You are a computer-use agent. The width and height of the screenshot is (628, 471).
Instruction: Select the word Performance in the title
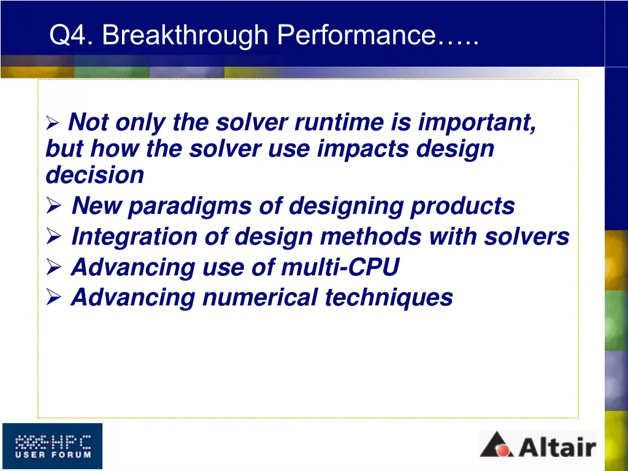point(356,36)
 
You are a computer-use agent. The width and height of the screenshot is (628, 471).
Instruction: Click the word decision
point(94,175)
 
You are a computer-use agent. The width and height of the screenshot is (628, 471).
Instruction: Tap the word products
point(462,206)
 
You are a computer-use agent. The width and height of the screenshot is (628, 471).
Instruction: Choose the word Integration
point(134,237)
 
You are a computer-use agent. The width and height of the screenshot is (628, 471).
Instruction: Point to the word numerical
point(259,298)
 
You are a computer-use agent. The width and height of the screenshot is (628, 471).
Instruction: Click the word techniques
point(388,298)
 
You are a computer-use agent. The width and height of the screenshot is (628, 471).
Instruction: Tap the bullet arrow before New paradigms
point(54,207)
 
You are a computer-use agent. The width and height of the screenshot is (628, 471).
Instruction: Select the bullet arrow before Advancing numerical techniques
point(54,299)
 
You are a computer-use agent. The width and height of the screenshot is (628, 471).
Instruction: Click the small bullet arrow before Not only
point(53,124)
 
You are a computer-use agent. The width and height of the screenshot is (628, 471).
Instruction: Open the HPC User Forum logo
point(52,446)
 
